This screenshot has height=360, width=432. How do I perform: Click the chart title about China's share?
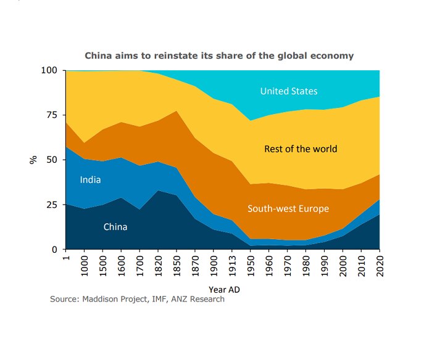219,55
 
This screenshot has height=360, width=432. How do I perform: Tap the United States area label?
289,91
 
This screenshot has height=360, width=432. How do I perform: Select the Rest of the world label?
301,149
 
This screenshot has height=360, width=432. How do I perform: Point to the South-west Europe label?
288,208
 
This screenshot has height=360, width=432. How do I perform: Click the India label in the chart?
90,180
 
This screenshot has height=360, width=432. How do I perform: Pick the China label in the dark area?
115,227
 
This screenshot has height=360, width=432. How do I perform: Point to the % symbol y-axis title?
33,159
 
